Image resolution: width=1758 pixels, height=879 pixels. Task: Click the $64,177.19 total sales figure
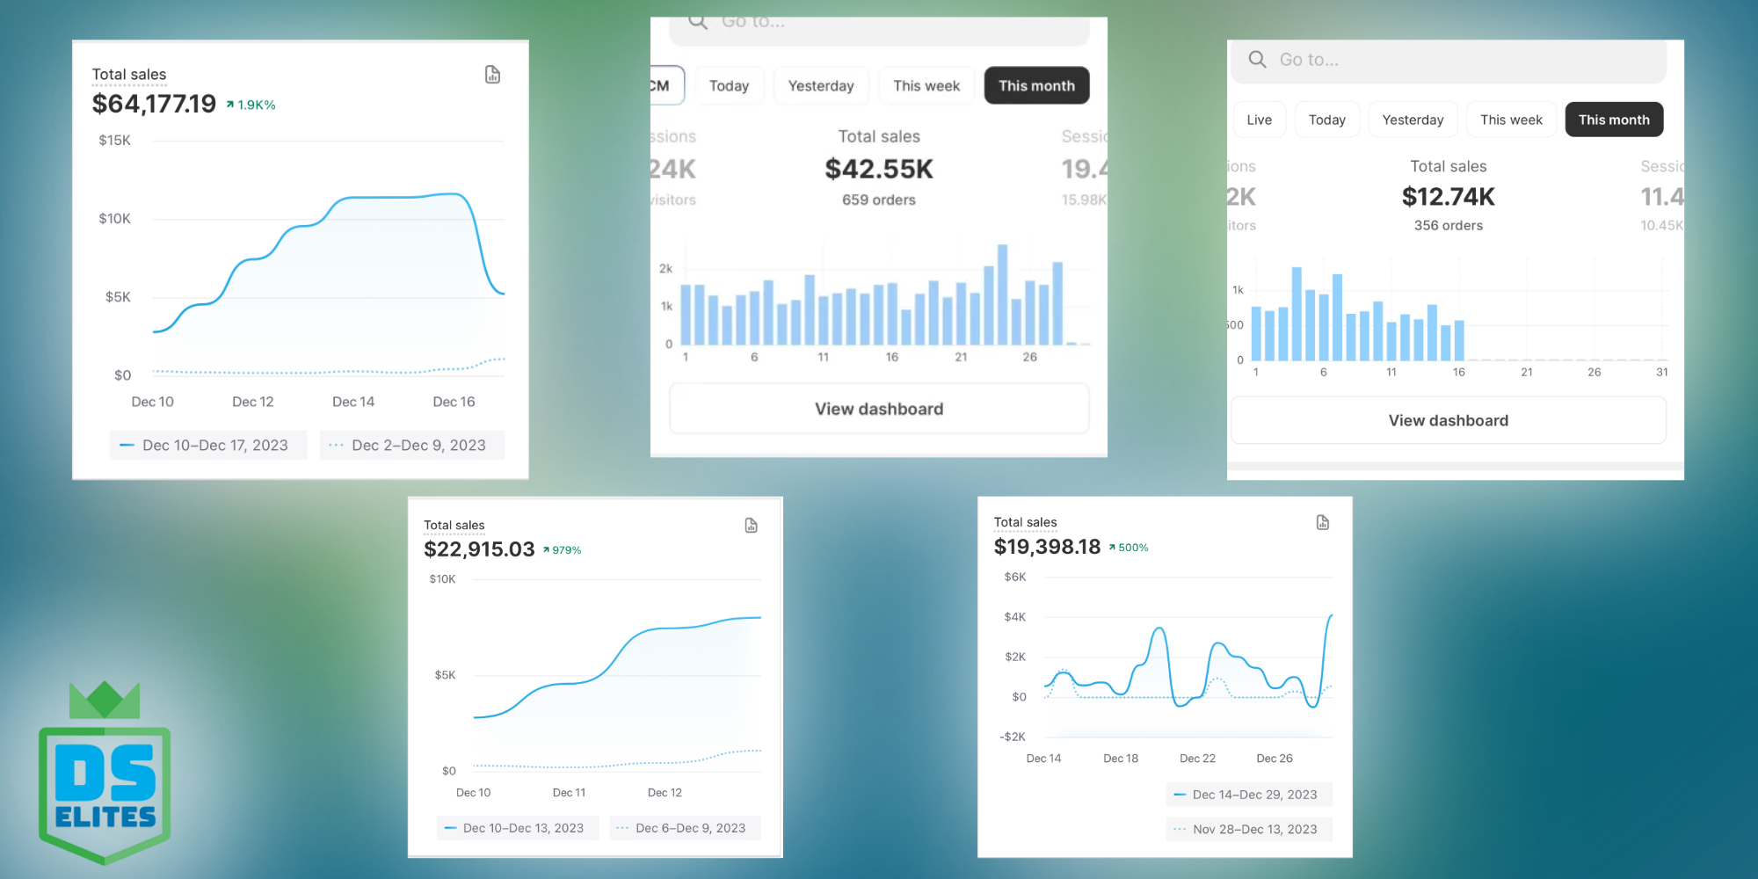154,104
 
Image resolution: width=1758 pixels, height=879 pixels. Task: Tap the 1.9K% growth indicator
251,105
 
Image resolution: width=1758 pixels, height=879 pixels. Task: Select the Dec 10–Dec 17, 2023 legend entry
208,446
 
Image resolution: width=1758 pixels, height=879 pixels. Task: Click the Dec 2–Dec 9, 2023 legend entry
411,446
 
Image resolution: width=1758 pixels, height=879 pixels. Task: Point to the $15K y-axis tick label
114,141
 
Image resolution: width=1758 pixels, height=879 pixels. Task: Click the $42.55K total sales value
879,169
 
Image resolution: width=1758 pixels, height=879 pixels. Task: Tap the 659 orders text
879,200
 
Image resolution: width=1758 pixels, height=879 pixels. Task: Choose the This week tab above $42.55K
926,86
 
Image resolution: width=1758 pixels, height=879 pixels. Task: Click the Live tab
1259,120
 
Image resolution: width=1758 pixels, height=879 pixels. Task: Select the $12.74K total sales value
1449,197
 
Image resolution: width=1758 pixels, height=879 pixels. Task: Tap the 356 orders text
1449,226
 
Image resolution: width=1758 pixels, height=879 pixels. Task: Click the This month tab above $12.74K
1614,120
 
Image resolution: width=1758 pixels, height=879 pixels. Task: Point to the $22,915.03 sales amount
479,549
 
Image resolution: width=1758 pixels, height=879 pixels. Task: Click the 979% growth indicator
563,550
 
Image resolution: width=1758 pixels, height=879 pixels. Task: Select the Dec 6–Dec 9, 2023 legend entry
684,828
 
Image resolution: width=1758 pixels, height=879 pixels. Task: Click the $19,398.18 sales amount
1047,547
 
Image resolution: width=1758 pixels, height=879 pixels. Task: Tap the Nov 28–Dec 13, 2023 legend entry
1249,829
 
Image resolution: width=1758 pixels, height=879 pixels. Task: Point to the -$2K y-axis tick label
1013,737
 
